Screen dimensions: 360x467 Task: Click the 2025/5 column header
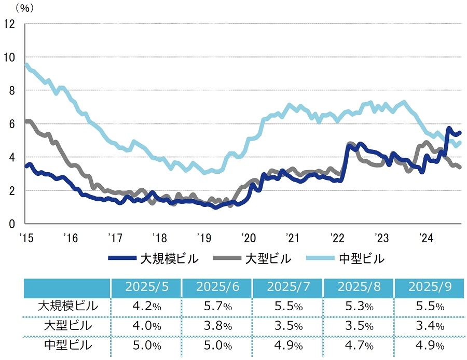coord(146,287)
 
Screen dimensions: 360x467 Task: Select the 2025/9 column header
coord(430,287)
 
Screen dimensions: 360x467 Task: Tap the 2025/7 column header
coord(288,287)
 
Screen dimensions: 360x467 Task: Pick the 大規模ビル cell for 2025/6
coord(217,307)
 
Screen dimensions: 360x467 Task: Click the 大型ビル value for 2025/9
coord(430,326)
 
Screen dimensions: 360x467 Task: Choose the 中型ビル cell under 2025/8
coord(359,346)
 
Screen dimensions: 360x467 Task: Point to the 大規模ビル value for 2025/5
coord(146,307)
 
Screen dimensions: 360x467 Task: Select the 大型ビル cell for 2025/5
coord(146,326)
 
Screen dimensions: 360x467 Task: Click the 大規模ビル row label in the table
coord(68,306)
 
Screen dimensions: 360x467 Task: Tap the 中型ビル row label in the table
coord(68,346)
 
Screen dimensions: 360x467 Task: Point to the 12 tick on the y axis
coord(9,24)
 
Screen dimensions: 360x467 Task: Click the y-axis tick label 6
coord(12,124)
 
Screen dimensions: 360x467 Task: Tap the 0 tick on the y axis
coord(12,224)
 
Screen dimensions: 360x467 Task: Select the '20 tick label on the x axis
coord(248,238)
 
